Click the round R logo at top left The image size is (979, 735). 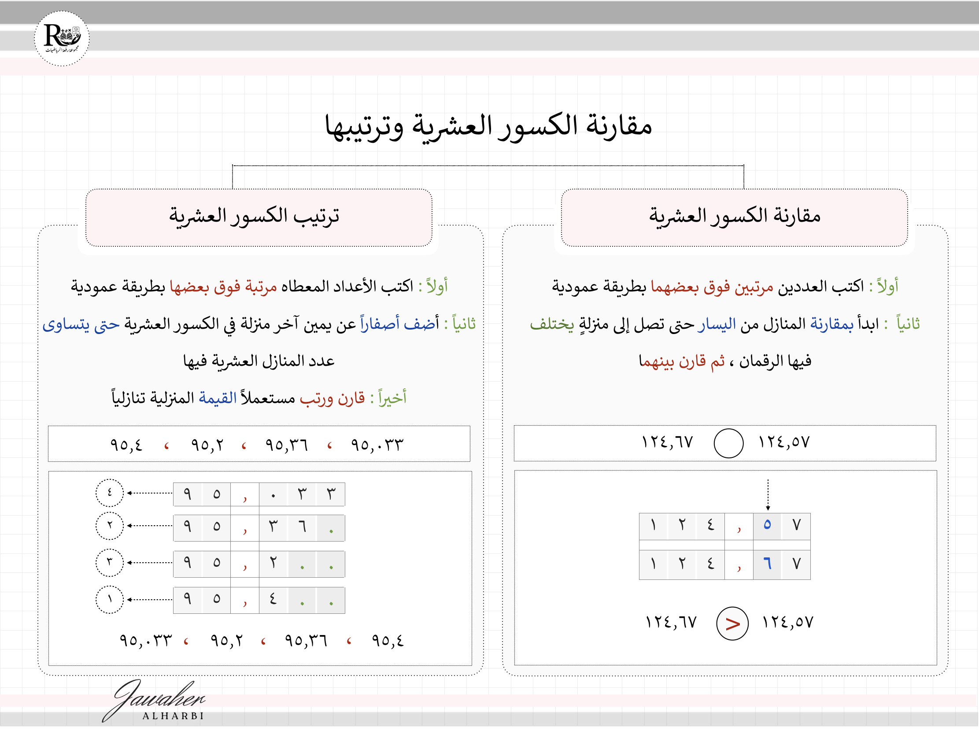(62, 38)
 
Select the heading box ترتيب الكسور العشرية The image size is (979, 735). (259, 217)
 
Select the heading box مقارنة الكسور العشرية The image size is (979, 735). (734, 217)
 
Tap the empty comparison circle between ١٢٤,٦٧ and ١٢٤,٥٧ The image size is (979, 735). (728, 443)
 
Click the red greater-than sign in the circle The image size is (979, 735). (732, 624)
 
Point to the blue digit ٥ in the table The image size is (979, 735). (767, 525)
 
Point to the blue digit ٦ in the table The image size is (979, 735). (767, 564)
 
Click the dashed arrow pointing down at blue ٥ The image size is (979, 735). (768, 494)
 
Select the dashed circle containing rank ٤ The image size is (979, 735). (109, 493)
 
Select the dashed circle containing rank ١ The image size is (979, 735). (109, 600)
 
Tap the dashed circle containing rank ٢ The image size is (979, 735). (109, 526)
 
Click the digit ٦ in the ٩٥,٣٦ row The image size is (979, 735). (302, 527)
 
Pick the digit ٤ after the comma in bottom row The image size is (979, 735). (273, 600)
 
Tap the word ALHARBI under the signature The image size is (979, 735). (173, 716)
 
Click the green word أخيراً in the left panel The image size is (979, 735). (392, 398)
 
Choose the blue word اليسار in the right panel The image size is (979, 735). (717, 324)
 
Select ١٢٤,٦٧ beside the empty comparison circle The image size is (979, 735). (667, 442)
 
